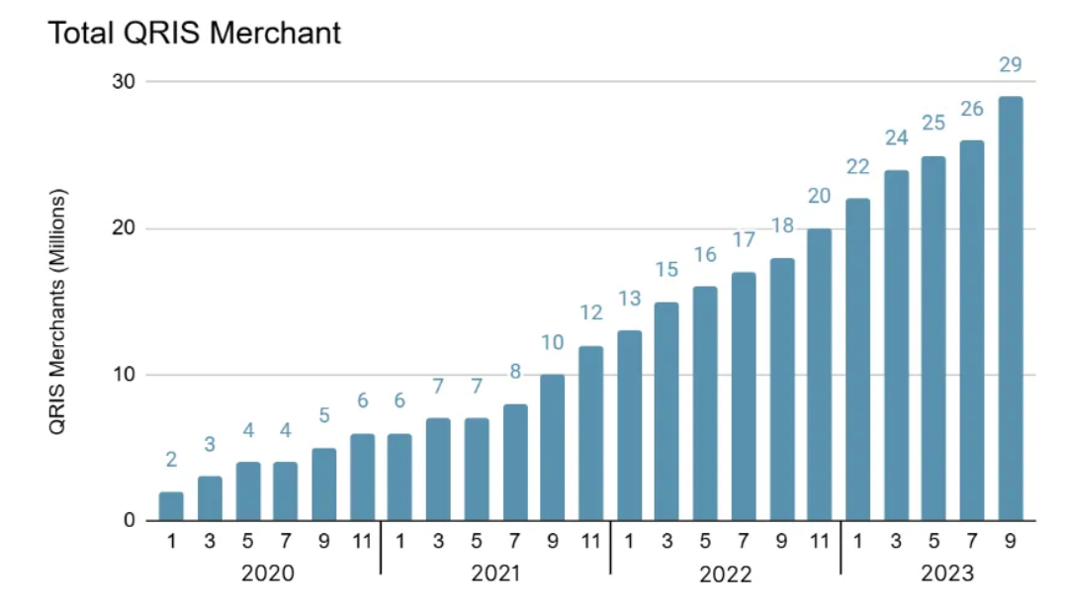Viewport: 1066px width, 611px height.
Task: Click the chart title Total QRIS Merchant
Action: (194, 33)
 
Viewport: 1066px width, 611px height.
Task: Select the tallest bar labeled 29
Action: (1010, 308)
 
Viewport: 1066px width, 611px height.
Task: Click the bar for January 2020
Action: (171, 506)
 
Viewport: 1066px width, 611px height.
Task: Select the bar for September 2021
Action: (553, 448)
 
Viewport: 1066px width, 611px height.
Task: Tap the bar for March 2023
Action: (896, 345)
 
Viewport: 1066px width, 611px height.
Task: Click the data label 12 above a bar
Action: (590, 313)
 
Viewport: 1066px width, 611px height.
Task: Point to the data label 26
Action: (971, 109)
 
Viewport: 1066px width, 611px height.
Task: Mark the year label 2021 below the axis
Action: (493, 573)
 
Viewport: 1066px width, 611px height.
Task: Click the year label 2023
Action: (946, 573)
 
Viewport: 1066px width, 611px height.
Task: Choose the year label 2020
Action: (268, 573)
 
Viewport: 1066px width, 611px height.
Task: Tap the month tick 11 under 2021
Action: (590, 542)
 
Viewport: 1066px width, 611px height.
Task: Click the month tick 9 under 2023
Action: (1010, 542)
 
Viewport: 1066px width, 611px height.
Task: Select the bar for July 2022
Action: (743, 396)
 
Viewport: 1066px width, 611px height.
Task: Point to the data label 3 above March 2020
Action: (210, 445)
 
